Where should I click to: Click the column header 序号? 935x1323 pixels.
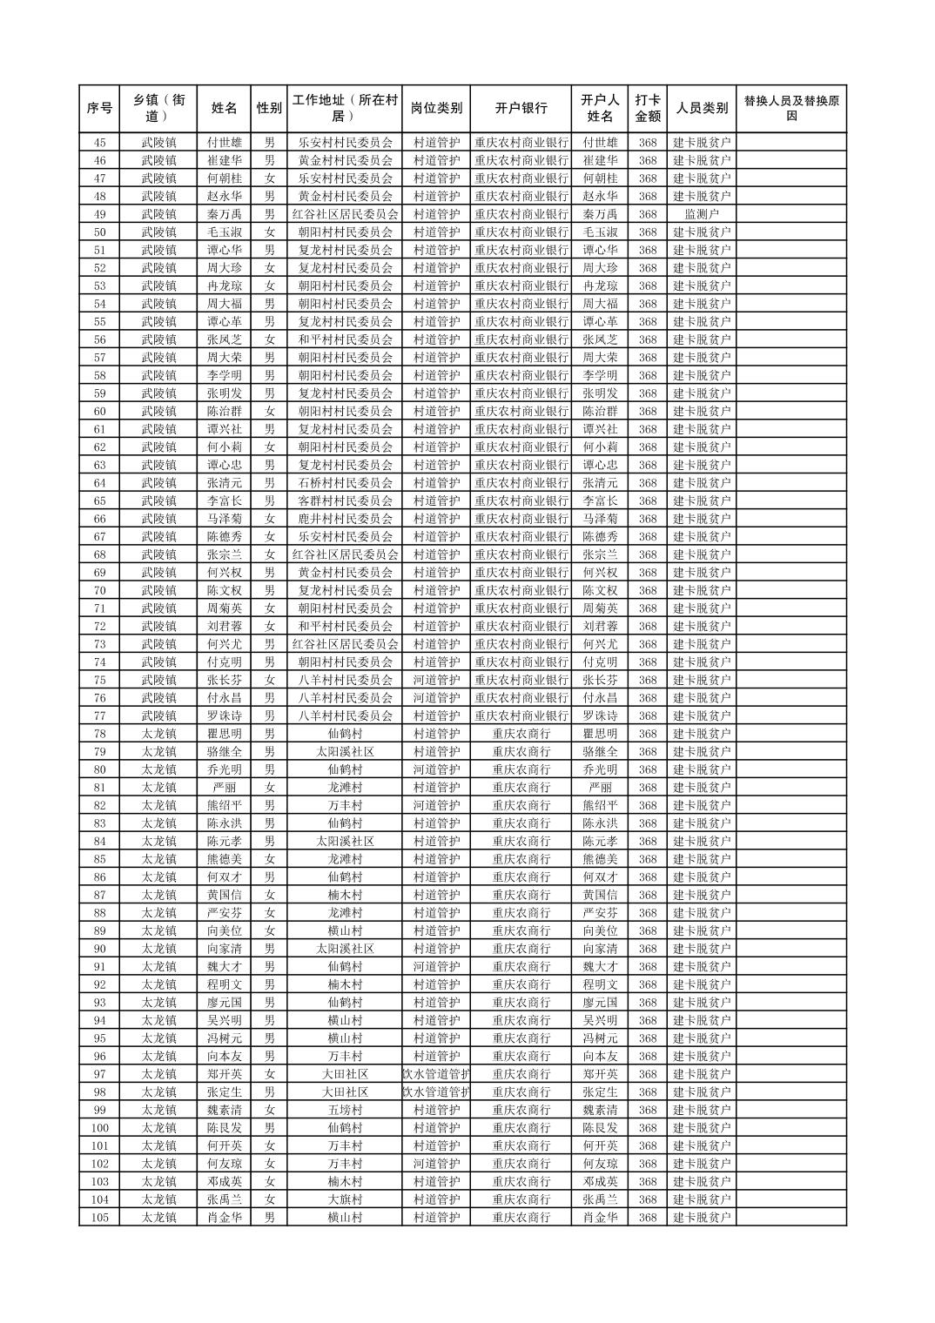[x=99, y=109]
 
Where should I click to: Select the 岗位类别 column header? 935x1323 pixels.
[x=435, y=109]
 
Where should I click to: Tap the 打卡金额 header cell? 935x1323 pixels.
[x=647, y=109]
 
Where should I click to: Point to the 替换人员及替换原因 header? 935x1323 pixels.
[x=790, y=109]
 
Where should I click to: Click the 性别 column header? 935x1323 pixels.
[x=269, y=109]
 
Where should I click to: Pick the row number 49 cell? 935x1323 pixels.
[x=99, y=214]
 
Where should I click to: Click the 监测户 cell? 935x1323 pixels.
[x=702, y=214]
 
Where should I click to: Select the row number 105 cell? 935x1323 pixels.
[x=99, y=1218]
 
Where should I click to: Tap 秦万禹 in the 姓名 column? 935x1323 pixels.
[x=225, y=214]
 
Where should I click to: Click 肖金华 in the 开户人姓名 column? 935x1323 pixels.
[x=600, y=1218]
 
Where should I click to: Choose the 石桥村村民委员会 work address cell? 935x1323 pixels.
[x=345, y=483]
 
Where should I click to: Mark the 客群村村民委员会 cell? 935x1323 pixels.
[x=345, y=500]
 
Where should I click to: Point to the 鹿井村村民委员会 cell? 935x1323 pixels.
[x=345, y=519]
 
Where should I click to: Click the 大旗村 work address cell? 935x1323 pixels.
[x=345, y=1199]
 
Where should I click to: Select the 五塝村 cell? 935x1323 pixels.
[x=345, y=1110]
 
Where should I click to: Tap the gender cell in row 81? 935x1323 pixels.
[x=269, y=788]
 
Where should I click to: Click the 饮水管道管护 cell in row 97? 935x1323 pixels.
[x=435, y=1074]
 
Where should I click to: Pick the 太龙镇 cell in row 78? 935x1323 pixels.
[x=159, y=734]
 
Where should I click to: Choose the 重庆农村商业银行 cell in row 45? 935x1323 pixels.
[x=521, y=143]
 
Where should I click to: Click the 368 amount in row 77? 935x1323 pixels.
[x=647, y=715]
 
